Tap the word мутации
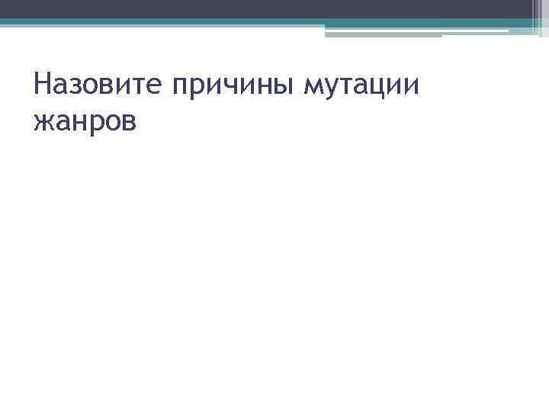pyautogui.click(x=361, y=86)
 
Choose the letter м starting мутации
pyautogui.click(x=313, y=85)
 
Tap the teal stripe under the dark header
pyautogui.click(x=229, y=22)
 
